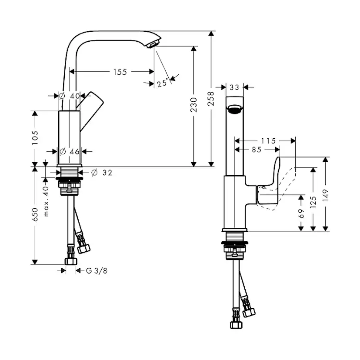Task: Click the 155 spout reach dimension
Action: (120, 72)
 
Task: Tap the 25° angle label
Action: (163, 83)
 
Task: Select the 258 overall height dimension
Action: (211, 99)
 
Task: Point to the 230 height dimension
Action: (194, 105)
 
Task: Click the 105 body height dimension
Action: (35, 138)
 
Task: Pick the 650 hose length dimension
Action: (35, 214)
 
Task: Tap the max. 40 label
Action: (46, 201)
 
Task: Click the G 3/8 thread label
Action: (97, 271)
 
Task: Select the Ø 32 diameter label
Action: (101, 173)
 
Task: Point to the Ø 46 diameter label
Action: (70, 152)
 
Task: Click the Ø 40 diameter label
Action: (69, 96)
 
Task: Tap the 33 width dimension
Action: (234, 87)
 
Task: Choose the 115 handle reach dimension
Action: (268, 141)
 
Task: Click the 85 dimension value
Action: (257, 150)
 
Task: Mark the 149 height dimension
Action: (326, 195)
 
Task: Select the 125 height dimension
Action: (313, 202)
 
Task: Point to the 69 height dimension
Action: (301, 213)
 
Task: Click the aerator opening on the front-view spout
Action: (234, 109)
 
